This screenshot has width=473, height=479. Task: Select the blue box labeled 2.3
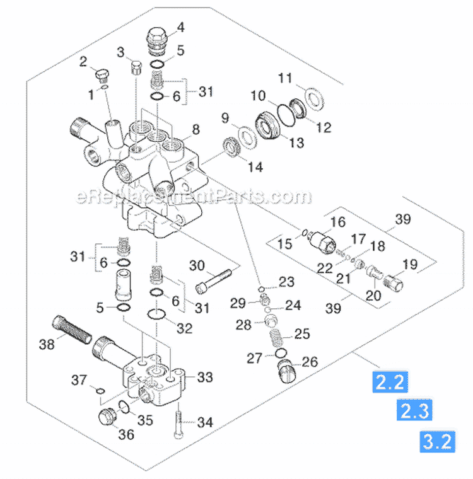[413, 412]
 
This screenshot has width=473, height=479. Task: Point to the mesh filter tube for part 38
[74, 328]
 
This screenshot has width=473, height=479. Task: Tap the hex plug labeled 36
[109, 417]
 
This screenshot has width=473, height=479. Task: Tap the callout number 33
[205, 378]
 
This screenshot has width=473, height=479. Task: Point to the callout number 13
[296, 143]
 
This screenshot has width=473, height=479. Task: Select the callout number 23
[286, 282]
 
